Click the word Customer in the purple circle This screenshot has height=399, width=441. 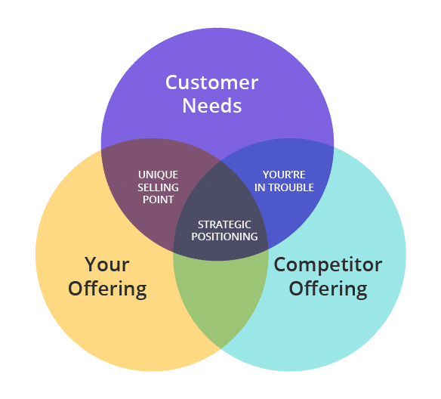[x=211, y=82]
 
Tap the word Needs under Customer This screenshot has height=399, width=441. [x=212, y=106]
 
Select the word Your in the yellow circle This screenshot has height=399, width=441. [x=107, y=264]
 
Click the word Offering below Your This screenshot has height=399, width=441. [x=107, y=289]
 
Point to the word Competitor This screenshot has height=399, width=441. [x=328, y=265]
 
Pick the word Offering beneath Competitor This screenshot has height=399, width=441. [x=328, y=289]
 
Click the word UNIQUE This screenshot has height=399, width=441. [x=158, y=175]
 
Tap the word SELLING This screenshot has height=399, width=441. [x=158, y=187]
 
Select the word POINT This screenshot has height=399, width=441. [x=158, y=199]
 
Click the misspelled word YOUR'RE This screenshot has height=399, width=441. [x=284, y=175]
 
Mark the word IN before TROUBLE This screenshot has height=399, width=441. [x=260, y=187]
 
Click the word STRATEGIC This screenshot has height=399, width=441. [x=224, y=225]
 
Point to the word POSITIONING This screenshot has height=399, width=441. [x=224, y=237]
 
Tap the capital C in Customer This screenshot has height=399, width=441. [x=172, y=82]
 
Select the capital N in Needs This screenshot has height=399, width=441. [x=190, y=106]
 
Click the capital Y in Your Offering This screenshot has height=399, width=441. [x=92, y=264]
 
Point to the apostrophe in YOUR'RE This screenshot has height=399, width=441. [x=293, y=172]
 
